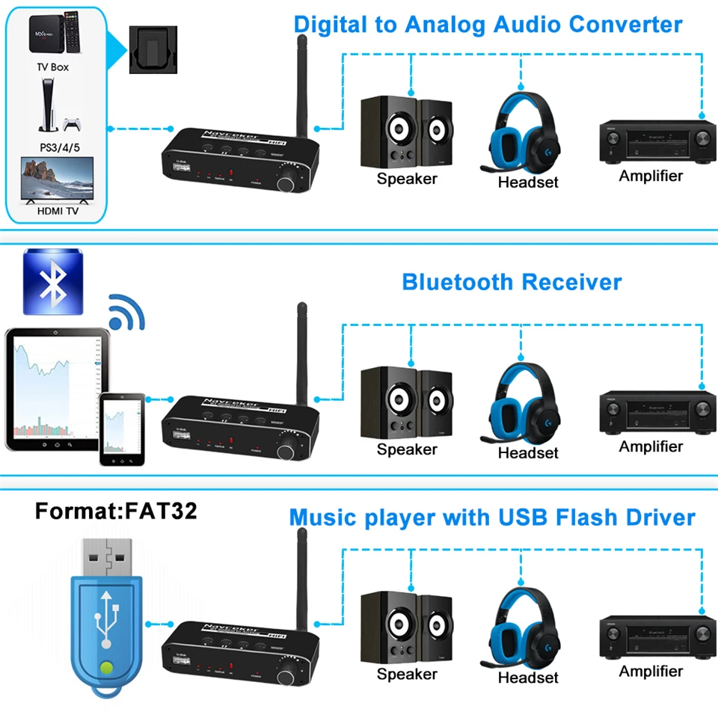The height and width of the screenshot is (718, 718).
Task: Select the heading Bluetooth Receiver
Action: pos(512,282)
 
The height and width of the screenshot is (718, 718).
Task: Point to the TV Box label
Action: pos(52,67)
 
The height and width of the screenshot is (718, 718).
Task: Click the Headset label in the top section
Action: pos(528,182)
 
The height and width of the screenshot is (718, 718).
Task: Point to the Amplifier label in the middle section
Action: pos(651,447)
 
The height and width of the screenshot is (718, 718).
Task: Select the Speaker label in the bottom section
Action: pos(407,674)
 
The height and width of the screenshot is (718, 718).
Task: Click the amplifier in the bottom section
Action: pos(652,636)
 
